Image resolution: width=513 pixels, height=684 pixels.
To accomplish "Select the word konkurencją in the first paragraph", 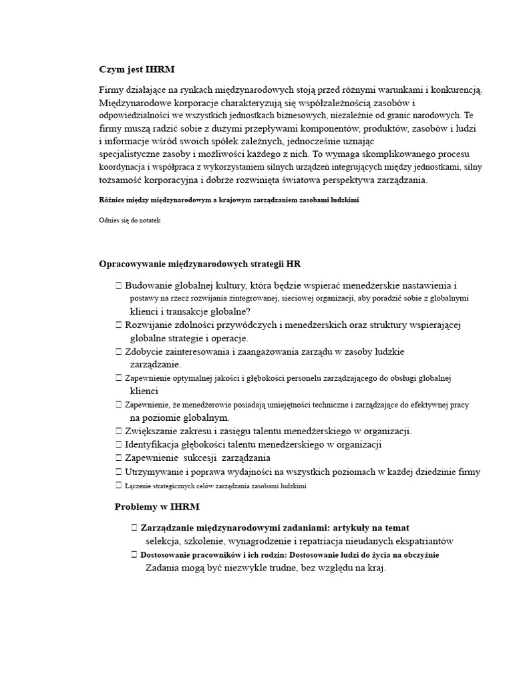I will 455,90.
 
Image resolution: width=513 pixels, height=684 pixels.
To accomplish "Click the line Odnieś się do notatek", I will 130,220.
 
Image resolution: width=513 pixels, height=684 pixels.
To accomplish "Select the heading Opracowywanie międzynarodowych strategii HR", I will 204,264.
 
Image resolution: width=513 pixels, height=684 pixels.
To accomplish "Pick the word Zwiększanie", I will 150,431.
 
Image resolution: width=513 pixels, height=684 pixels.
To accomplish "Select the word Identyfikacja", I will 152,444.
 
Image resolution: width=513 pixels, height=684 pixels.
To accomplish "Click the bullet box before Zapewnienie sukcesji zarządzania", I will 118,458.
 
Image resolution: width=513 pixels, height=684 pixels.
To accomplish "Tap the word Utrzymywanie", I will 154,472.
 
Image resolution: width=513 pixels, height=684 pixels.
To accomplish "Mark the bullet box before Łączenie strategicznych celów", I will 118,486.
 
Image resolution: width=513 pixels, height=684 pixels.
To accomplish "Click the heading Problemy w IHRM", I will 157,507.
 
